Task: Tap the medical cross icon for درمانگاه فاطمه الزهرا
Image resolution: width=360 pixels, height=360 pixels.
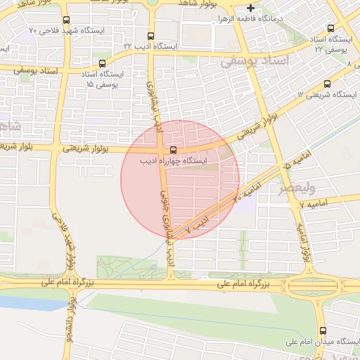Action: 251,8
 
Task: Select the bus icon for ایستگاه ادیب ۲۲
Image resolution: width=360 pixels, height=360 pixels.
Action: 150,35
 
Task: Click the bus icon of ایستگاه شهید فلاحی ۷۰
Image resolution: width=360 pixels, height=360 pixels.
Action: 66,20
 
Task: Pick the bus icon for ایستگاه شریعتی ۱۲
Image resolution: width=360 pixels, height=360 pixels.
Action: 327,84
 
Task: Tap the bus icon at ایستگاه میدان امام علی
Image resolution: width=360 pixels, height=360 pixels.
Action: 323,330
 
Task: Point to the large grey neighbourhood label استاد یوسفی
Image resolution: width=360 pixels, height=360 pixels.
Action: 255,61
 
